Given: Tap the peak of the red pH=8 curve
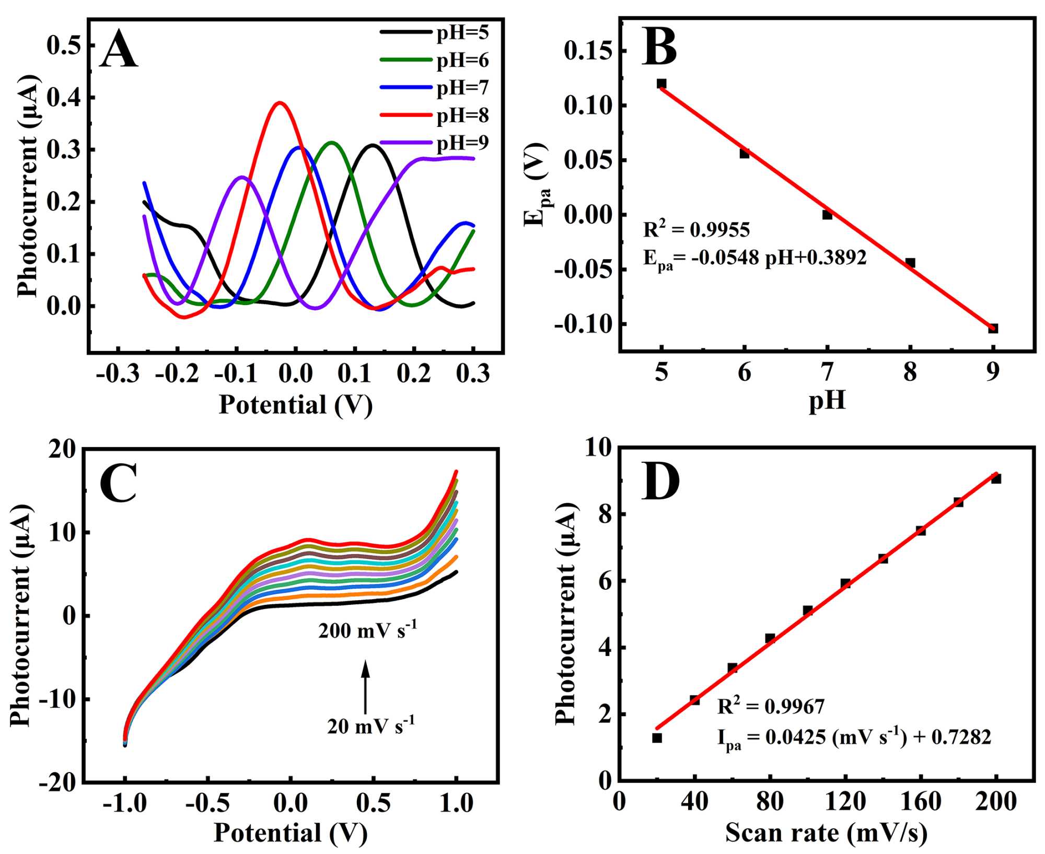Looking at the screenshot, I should click(x=280, y=103).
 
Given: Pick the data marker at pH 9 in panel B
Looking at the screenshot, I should click(x=993, y=328).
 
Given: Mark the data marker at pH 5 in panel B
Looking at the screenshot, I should click(x=661, y=84).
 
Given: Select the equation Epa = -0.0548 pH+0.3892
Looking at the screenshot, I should click(x=754, y=258).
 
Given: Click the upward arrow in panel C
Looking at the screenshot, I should click(x=366, y=686).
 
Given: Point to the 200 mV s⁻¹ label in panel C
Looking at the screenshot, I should click(x=368, y=630).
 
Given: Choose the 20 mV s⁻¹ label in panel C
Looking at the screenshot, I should click(x=371, y=726).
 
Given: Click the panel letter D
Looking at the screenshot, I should click(x=660, y=482).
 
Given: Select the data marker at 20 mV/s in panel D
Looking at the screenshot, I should click(x=657, y=738).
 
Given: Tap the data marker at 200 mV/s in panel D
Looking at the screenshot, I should click(x=996, y=478).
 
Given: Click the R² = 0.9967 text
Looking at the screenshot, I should click(x=771, y=706).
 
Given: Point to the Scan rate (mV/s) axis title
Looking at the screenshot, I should click(x=826, y=833).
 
